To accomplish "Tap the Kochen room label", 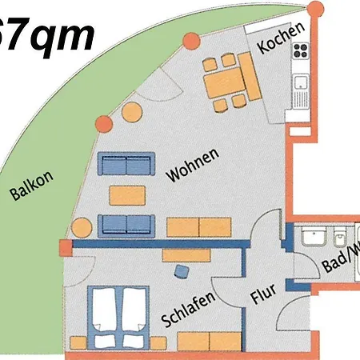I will click(x=281, y=38).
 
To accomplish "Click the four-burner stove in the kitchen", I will click(x=302, y=52).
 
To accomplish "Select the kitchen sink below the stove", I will click(x=302, y=82).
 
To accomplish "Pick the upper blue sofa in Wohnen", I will click(x=126, y=166).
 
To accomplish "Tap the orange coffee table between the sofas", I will click(x=126, y=194).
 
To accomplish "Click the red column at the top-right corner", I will click(x=316, y=8).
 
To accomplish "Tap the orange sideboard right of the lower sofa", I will click(x=198, y=226).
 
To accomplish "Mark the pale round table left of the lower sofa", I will click(x=81, y=227).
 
